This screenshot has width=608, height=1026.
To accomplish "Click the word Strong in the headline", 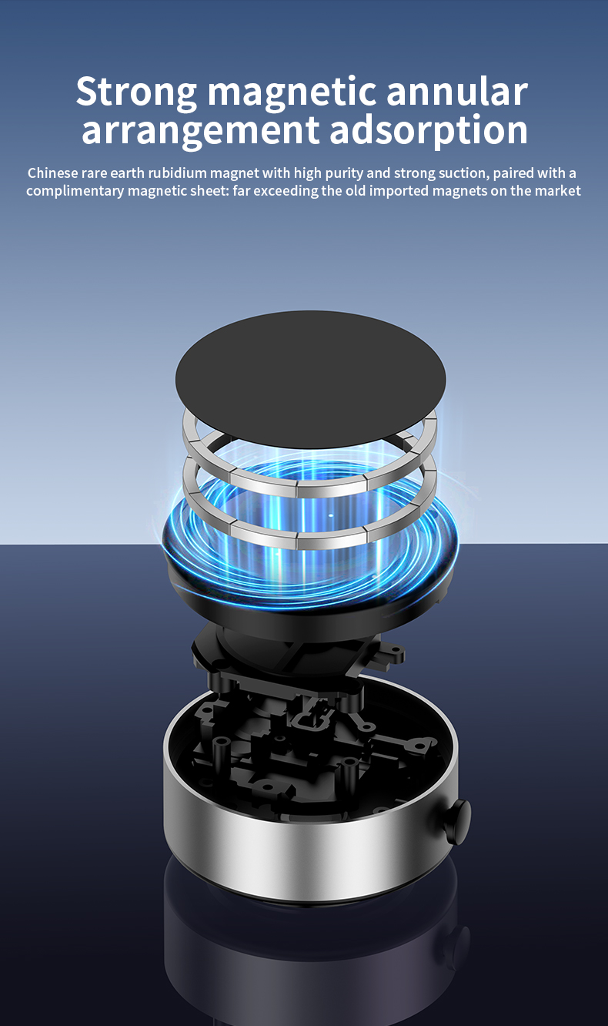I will pyautogui.click(x=137, y=92).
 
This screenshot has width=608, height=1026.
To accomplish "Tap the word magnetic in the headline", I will pyautogui.click(x=292, y=92).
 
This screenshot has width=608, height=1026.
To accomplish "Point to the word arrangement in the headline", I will pyautogui.click(x=200, y=130).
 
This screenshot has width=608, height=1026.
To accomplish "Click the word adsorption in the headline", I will pyautogui.click(x=429, y=130).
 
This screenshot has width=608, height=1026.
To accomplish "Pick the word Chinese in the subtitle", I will pyautogui.click(x=52, y=173).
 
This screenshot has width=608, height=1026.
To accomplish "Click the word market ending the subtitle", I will pyautogui.click(x=557, y=191).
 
